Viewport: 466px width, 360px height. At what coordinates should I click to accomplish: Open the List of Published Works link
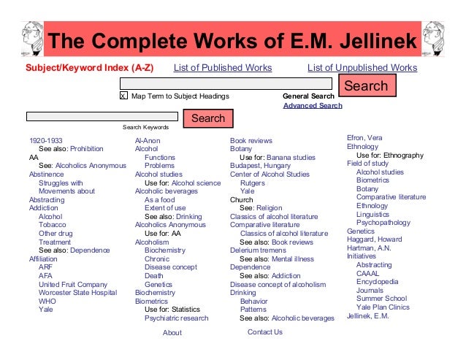[222, 68]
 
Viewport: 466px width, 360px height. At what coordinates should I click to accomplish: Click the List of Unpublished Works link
[362, 68]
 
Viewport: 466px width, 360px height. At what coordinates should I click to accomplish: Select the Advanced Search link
[312, 105]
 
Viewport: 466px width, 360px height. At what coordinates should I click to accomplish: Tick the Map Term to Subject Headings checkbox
[123, 96]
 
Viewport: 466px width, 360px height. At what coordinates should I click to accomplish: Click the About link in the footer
[172, 332]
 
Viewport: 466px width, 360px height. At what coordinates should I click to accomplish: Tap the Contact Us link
[264, 332]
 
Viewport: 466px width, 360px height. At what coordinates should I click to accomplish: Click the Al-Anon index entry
[148, 140]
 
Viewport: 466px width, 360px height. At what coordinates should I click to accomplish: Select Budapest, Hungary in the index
[261, 166]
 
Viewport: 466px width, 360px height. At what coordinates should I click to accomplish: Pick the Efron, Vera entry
[364, 138]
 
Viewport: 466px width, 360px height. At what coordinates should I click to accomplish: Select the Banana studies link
[291, 157]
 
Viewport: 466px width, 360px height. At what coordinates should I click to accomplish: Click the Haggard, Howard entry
[374, 240]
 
